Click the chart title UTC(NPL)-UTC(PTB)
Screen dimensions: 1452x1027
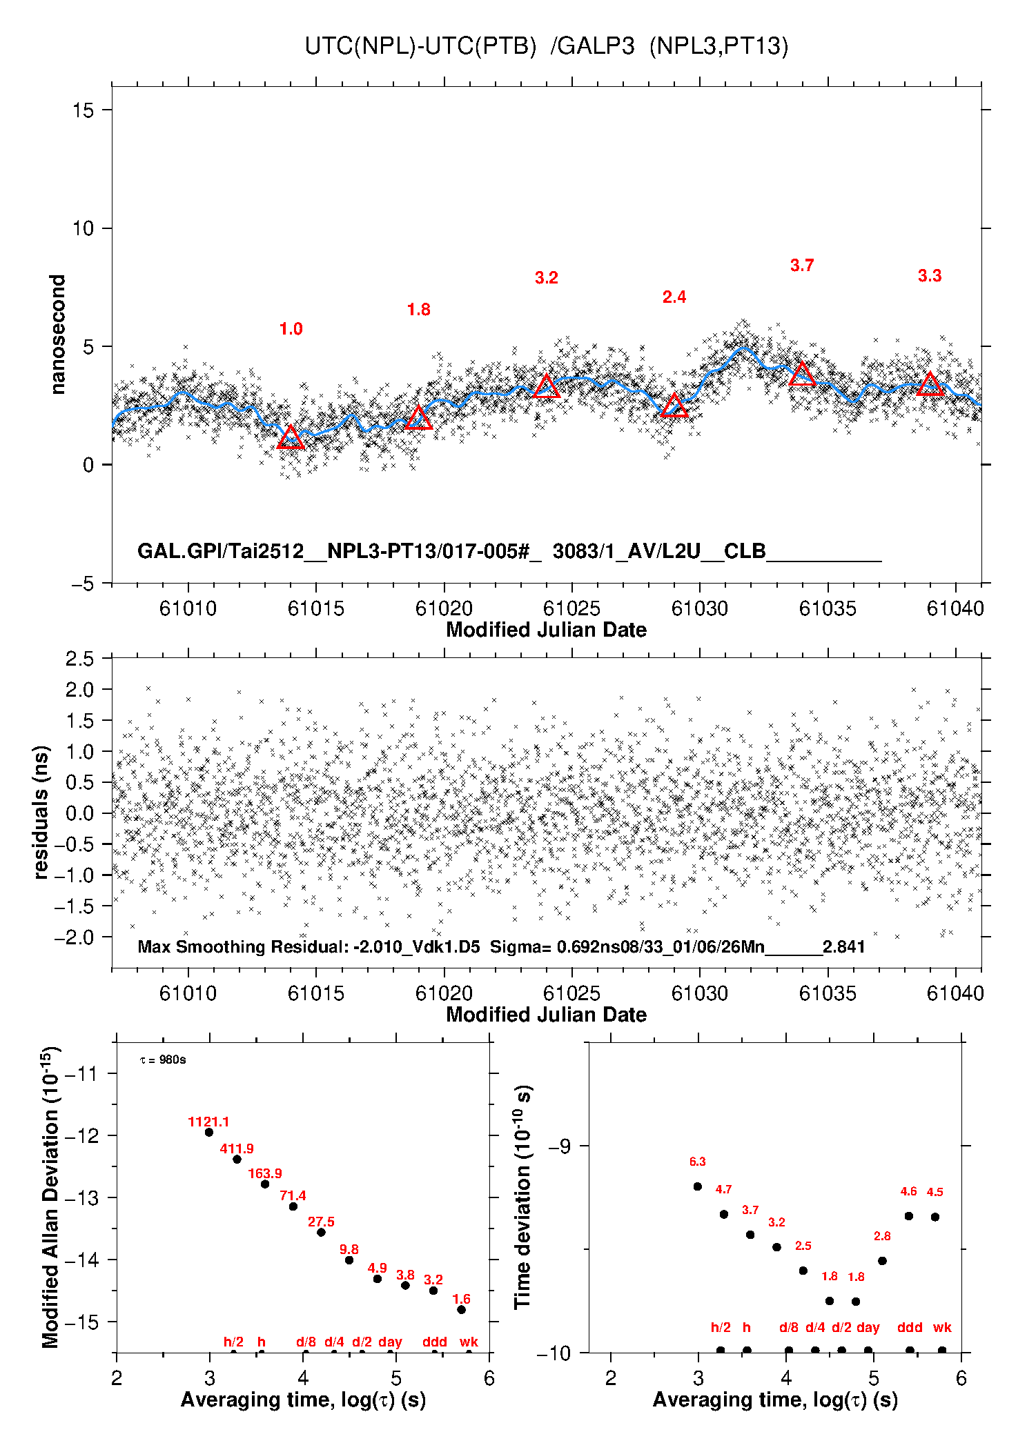[x=420, y=46]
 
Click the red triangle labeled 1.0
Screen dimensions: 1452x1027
[x=291, y=438]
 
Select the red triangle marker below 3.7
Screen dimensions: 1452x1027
[x=802, y=375]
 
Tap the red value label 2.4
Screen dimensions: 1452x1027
[x=674, y=297]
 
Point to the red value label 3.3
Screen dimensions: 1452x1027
[x=930, y=276]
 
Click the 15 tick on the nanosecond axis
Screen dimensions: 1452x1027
[x=83, y=110]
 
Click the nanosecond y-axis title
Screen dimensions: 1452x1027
[x=57, y=335]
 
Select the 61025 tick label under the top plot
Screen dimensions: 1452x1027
[x=571, y=608]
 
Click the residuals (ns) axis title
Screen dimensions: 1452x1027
[x=41, y=813]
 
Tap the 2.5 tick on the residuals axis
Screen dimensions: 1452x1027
[x=79, y=659]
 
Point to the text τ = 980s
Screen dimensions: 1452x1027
[x=163, y=1060]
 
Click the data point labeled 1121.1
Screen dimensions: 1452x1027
[x=209, y=1132]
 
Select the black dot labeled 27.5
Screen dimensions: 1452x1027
[x=321, y=1232]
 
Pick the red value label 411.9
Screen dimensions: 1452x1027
[x=237, y=1148]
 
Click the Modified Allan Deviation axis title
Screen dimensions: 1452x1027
[x=51, y=1197]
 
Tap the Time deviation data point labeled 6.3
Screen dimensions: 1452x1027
[x=698, y=1186]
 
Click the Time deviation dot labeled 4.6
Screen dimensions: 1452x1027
[x=909, y=1216]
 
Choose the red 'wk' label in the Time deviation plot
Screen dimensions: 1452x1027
[x=942, y=1327]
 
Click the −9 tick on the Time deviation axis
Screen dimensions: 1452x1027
[x=559, y=1146]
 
